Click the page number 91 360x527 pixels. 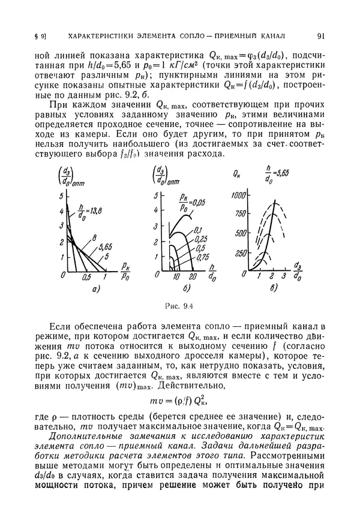[x=322, y=34]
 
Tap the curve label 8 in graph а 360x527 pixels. [x=94, y=239]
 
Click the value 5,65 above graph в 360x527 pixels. [x=282, y=173]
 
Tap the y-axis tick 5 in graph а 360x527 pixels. [x=60, y=197]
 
